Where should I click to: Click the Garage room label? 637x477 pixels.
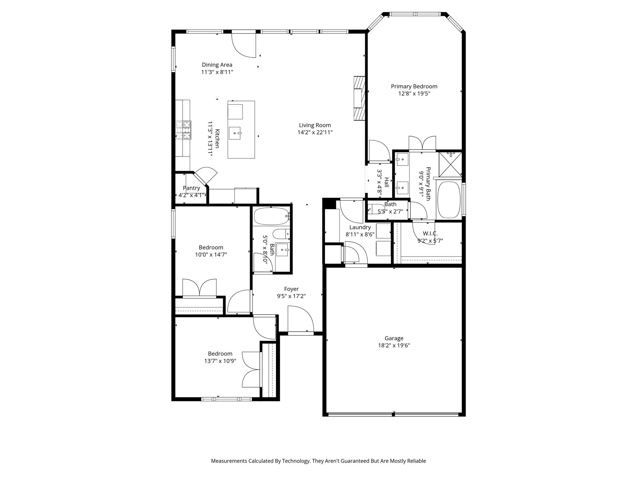click(x=394, y=338)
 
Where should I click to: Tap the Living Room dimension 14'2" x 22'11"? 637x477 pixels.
click(x=315, y=132)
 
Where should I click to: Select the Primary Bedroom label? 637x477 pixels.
click(x=414, y=86)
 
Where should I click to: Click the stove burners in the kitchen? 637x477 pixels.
click(x=183, y=129)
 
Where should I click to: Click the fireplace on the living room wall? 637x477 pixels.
click(x=359, y=98)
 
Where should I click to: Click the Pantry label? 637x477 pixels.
click(x=191, y=188)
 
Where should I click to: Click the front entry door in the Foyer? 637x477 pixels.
click(x=300, y=320)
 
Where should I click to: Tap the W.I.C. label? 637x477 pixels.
click(x=430, y=234)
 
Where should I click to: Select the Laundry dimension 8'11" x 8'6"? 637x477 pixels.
click(x=360, y=234)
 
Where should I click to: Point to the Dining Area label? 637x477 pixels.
click(x=217, y=65)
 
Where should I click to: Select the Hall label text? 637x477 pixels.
click(x=387, y=182)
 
